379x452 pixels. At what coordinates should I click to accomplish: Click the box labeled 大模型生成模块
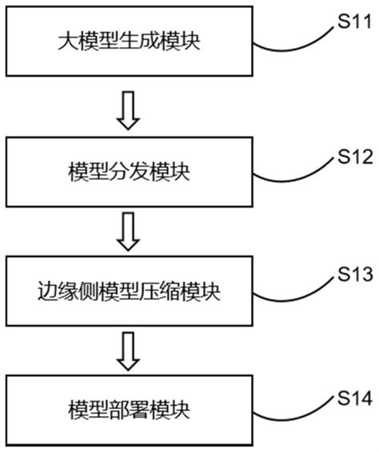point(129,40)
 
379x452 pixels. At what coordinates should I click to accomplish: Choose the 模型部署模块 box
point(129,412)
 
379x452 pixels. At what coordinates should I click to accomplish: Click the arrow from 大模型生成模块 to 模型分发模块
point(128,111)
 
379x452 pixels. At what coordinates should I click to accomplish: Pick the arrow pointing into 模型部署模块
point(128,351)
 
